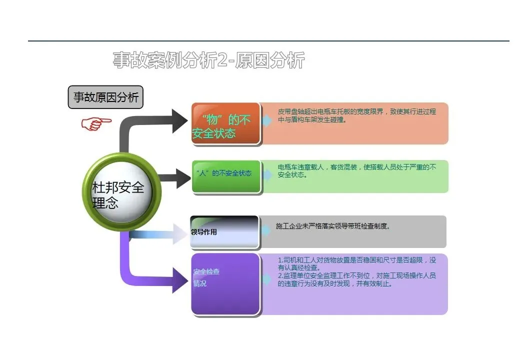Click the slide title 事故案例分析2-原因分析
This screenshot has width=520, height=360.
(208, 60)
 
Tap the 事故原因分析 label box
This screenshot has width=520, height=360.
(105, 97)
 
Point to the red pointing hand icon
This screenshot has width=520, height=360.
(96, 123)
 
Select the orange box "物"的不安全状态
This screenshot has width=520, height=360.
(225, 123)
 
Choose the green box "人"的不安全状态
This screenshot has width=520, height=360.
(225, 175)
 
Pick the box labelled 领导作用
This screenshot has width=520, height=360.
(224, 232)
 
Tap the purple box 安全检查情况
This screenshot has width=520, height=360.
(225, 284)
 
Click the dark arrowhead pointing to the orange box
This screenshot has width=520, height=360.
(179, 120)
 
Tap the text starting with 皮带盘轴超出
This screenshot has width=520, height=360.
(356, 115)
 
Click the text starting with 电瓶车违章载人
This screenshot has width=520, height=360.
(356, 171)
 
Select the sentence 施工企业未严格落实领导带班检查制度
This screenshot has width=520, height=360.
(332, 226)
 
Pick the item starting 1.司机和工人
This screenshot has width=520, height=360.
(356, 263)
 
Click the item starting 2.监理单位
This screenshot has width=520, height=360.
(356, 279)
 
